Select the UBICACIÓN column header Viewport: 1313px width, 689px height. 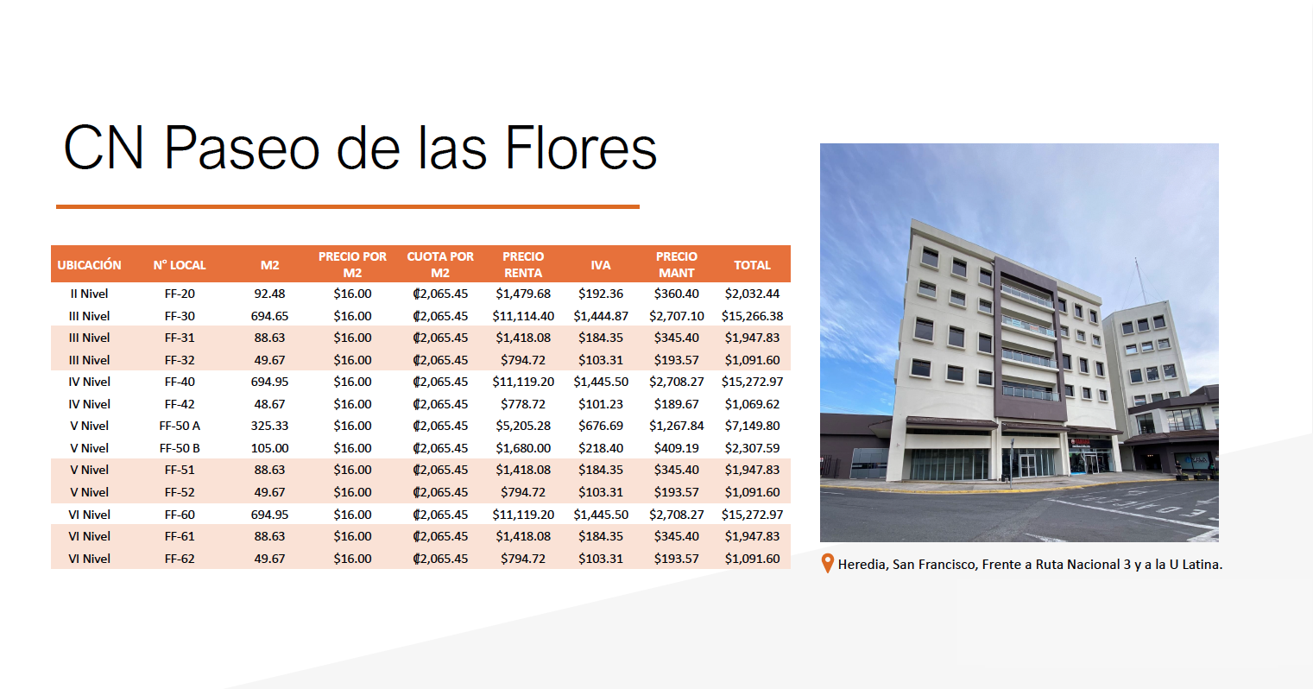coord(89,265)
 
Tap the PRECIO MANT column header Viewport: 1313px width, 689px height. coord(677,264)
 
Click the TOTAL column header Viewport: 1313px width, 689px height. coord(752,265)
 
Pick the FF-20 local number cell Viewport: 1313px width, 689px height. coord(180,294)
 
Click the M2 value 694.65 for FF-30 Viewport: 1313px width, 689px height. coord(269,316)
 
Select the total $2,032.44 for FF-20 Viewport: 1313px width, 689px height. coord(752,294)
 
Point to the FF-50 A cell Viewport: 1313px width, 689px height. coord(180,426)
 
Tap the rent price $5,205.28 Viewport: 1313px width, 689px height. coord(523,426)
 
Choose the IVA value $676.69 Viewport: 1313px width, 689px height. coord(601,426)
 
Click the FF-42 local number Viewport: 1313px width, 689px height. coord(180,404)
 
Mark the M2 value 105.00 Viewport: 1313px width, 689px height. coord(269,448)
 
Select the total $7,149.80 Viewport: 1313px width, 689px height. coord(752,426)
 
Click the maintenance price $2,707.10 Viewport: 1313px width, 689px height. coord(677,316)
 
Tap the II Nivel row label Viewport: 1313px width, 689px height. coord(89,294)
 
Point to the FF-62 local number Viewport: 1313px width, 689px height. coord(180,559)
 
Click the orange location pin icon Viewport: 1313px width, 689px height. coord(827,563)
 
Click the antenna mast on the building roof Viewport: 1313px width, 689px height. coord(1140,281)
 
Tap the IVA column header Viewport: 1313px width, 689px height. coord(601,265)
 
